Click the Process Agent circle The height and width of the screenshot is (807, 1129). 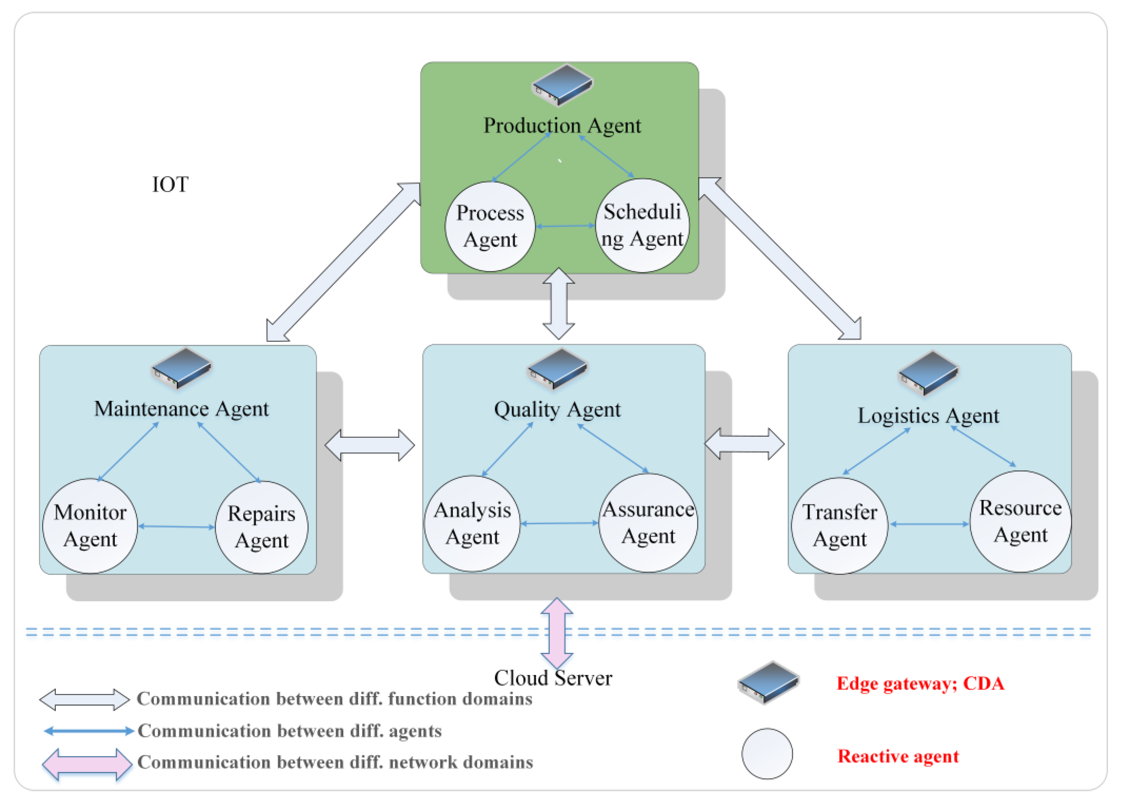click(x=490, y=227)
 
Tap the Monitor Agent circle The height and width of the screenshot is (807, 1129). click(x=90, y=526)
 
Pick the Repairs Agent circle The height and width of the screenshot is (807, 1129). click(x=261, y=527)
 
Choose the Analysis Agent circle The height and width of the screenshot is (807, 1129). click(x=472, y=523)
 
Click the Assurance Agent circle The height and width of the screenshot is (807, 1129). click(x=648, y=523)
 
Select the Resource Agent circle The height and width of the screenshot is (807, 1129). click(x=1021, y=521)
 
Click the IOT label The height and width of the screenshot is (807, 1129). click(x=170, y=184)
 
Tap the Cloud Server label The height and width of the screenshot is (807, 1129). click(x=553, y=678)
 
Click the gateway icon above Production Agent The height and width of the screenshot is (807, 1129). click(x=562, y=85)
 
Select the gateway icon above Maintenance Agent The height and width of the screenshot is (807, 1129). click(x=182, y=368)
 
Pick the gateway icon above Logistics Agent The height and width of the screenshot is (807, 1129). click(x=928, y=373)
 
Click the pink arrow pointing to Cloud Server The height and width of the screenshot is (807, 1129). click(x=557, y=633)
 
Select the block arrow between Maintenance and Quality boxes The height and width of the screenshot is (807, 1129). click(x=370, y=445)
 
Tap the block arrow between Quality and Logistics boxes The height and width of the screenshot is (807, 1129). click(x=745, y=443)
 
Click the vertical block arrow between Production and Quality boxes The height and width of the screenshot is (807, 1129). click(x=559, y=303)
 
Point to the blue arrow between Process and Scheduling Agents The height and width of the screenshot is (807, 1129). click(x=565, y=226)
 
